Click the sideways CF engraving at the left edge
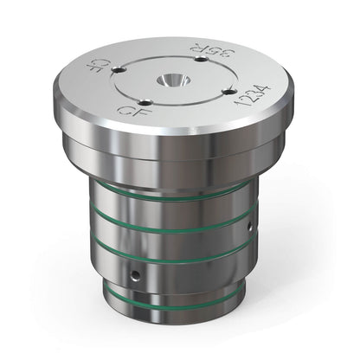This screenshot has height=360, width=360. (97, 66)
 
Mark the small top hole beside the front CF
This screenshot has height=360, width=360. (145, 102)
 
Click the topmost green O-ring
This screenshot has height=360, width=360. (173, 198)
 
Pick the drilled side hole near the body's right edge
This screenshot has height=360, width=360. (250, 226)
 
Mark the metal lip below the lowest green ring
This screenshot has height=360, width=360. (173, 315)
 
